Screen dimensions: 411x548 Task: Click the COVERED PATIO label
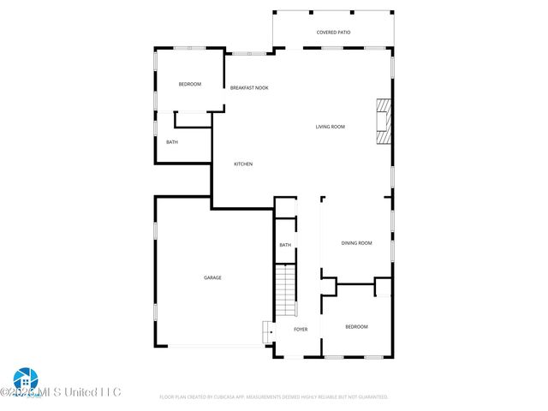pos(333,33)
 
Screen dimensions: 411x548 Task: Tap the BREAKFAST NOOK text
pos(249,87)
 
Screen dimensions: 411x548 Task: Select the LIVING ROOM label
pos(330,127)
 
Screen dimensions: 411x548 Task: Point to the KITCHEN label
pos(244,164)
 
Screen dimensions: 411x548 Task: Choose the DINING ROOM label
pos(357,243)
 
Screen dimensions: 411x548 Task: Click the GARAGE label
pos(212,277)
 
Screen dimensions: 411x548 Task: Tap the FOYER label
pos(301,329)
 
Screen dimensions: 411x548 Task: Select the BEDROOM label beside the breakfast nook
pos(189,84)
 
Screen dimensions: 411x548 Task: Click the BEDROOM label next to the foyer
pos(356,326)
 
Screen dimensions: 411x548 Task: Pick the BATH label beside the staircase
pos(285,245)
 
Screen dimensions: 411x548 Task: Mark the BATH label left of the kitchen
pos(172,142)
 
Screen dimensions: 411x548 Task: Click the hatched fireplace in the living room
pos(384,122)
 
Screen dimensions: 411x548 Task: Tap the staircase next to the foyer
pos(285,290)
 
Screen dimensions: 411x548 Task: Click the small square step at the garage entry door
pos(267,330)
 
